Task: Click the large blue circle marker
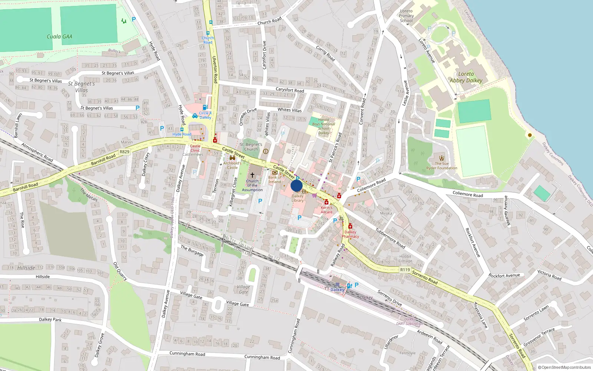point(296,185)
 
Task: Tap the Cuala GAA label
point(59,36)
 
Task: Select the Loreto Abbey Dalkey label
point(466,77)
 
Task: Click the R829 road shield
point(125,152)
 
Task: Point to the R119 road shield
point(405,270)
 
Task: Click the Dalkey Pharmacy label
point(350,234)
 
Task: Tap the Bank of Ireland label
point(275,180)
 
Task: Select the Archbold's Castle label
point(232,165)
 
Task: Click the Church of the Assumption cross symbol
point(252,175)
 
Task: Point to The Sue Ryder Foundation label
point(442,166)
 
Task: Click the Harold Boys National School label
point(324,126)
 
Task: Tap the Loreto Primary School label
point(406,16)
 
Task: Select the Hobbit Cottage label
point(405,259)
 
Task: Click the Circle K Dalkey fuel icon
point(205,108)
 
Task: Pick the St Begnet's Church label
point(251,147)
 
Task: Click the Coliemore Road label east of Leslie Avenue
point(468,194)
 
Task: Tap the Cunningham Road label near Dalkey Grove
point(187,354)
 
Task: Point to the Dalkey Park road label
point(50,319)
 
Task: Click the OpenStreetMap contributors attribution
point(564,367)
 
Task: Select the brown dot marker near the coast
point(530,135)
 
